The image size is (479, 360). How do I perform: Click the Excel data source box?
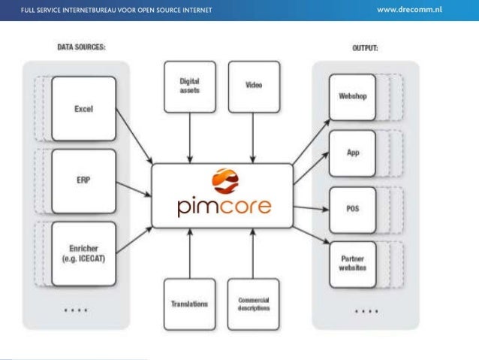coord(83,109)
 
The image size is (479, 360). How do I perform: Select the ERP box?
coord(83,181)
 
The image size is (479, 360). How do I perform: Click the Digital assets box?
coord(189,86)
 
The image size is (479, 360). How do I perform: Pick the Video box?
coord(253,86)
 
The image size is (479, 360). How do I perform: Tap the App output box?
coord(352,153)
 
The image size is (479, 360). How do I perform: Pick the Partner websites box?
coord(352,264)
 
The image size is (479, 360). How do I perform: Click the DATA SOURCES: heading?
coord(81,47)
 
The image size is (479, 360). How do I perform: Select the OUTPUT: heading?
coord(365,47)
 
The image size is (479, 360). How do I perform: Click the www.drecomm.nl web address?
coord(419,10)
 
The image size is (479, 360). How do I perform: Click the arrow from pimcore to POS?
coord(309,208)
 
